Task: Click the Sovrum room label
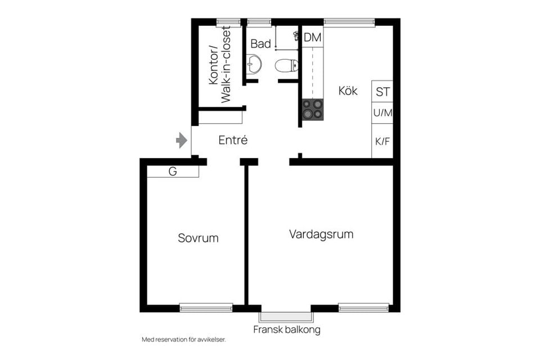tap(198, 238)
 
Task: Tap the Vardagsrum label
tap(321, 234)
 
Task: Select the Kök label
tap(348, 91)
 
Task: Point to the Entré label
tap(233, 141)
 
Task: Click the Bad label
tap(260, 43)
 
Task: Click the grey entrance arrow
tap(181, 140)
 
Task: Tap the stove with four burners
tap(313, 109)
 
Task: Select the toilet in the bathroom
tap(286, 66)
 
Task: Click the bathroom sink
tap(253, 64)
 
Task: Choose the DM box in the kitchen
tap(312, 38)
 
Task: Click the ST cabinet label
tap(382, 92)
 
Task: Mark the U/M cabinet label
tap(382, 112)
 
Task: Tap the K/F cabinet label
tap(382, 141)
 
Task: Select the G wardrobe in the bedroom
tap(173, 172)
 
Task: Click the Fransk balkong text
tap(286, 330)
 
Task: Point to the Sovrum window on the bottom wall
tap(206, 308)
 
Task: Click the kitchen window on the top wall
tap(349, 22)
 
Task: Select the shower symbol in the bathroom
tap(296, 36)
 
